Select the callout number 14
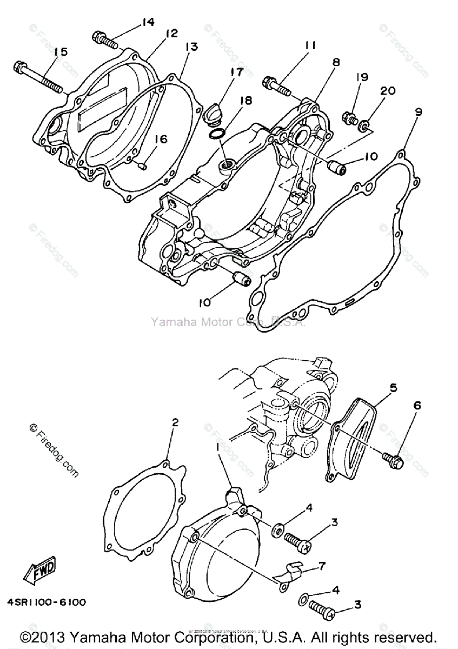[x=148, y=22]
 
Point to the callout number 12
[x=171, y=34]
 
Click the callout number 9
[x=418, y=112]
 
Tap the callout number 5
[x=393, y=388]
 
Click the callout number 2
[x=175, y=422]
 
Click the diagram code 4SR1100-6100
[x=47, y=602]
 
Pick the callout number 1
[x=218, y=447]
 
